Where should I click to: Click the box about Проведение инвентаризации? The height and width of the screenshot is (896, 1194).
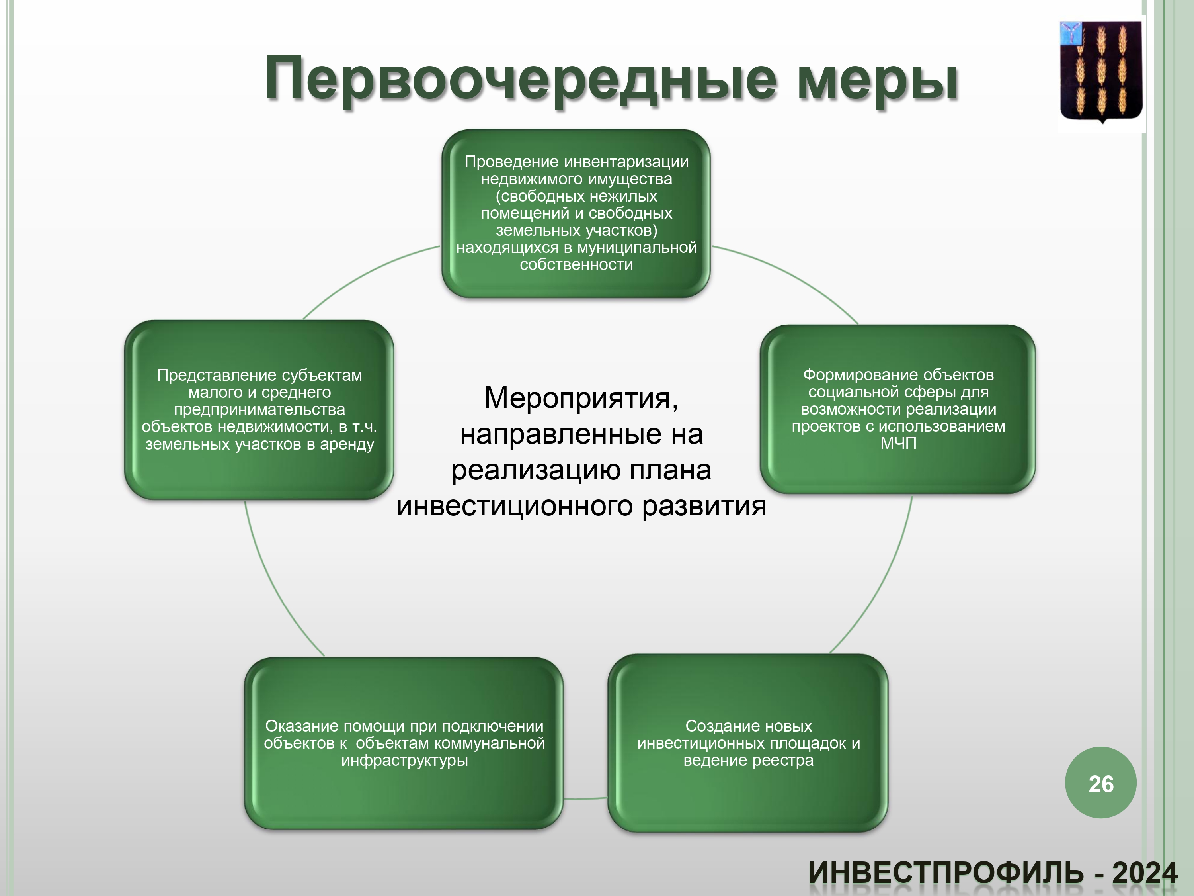point(576,213)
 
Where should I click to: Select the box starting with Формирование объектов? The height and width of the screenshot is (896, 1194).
point(897,409)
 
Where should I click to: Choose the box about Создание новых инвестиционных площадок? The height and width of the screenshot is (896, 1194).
point(748,743)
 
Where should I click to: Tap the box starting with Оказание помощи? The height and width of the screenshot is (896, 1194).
point(404,743)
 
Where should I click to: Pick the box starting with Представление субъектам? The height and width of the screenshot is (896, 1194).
point(259,409)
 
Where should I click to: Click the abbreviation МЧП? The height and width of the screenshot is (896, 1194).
point(898,443)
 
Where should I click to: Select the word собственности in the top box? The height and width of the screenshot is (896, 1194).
point(576,265)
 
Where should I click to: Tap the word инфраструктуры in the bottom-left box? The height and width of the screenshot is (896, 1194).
point(404,761)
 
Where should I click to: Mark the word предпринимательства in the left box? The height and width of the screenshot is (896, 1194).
point(259,409)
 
